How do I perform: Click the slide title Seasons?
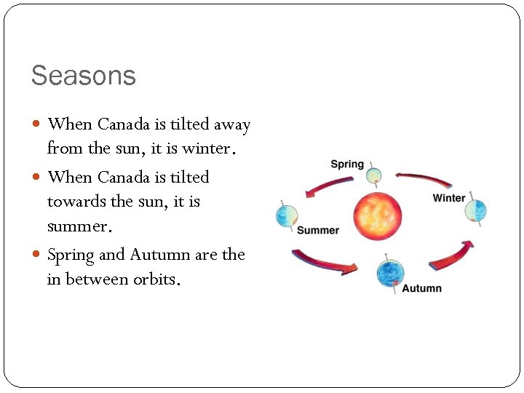pos(83,76)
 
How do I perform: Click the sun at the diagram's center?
pos(377,215)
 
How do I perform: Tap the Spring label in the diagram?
pos(346,164)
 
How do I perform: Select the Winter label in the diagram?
pos(448,198)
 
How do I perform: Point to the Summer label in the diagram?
pos(318,231)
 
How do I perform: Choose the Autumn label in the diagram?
pos(421,288)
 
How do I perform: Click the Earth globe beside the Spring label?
pos(373,175)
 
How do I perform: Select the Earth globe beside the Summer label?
pos(287,215)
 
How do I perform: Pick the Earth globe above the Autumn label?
pos(390,274)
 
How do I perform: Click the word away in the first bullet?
pos(231,124)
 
